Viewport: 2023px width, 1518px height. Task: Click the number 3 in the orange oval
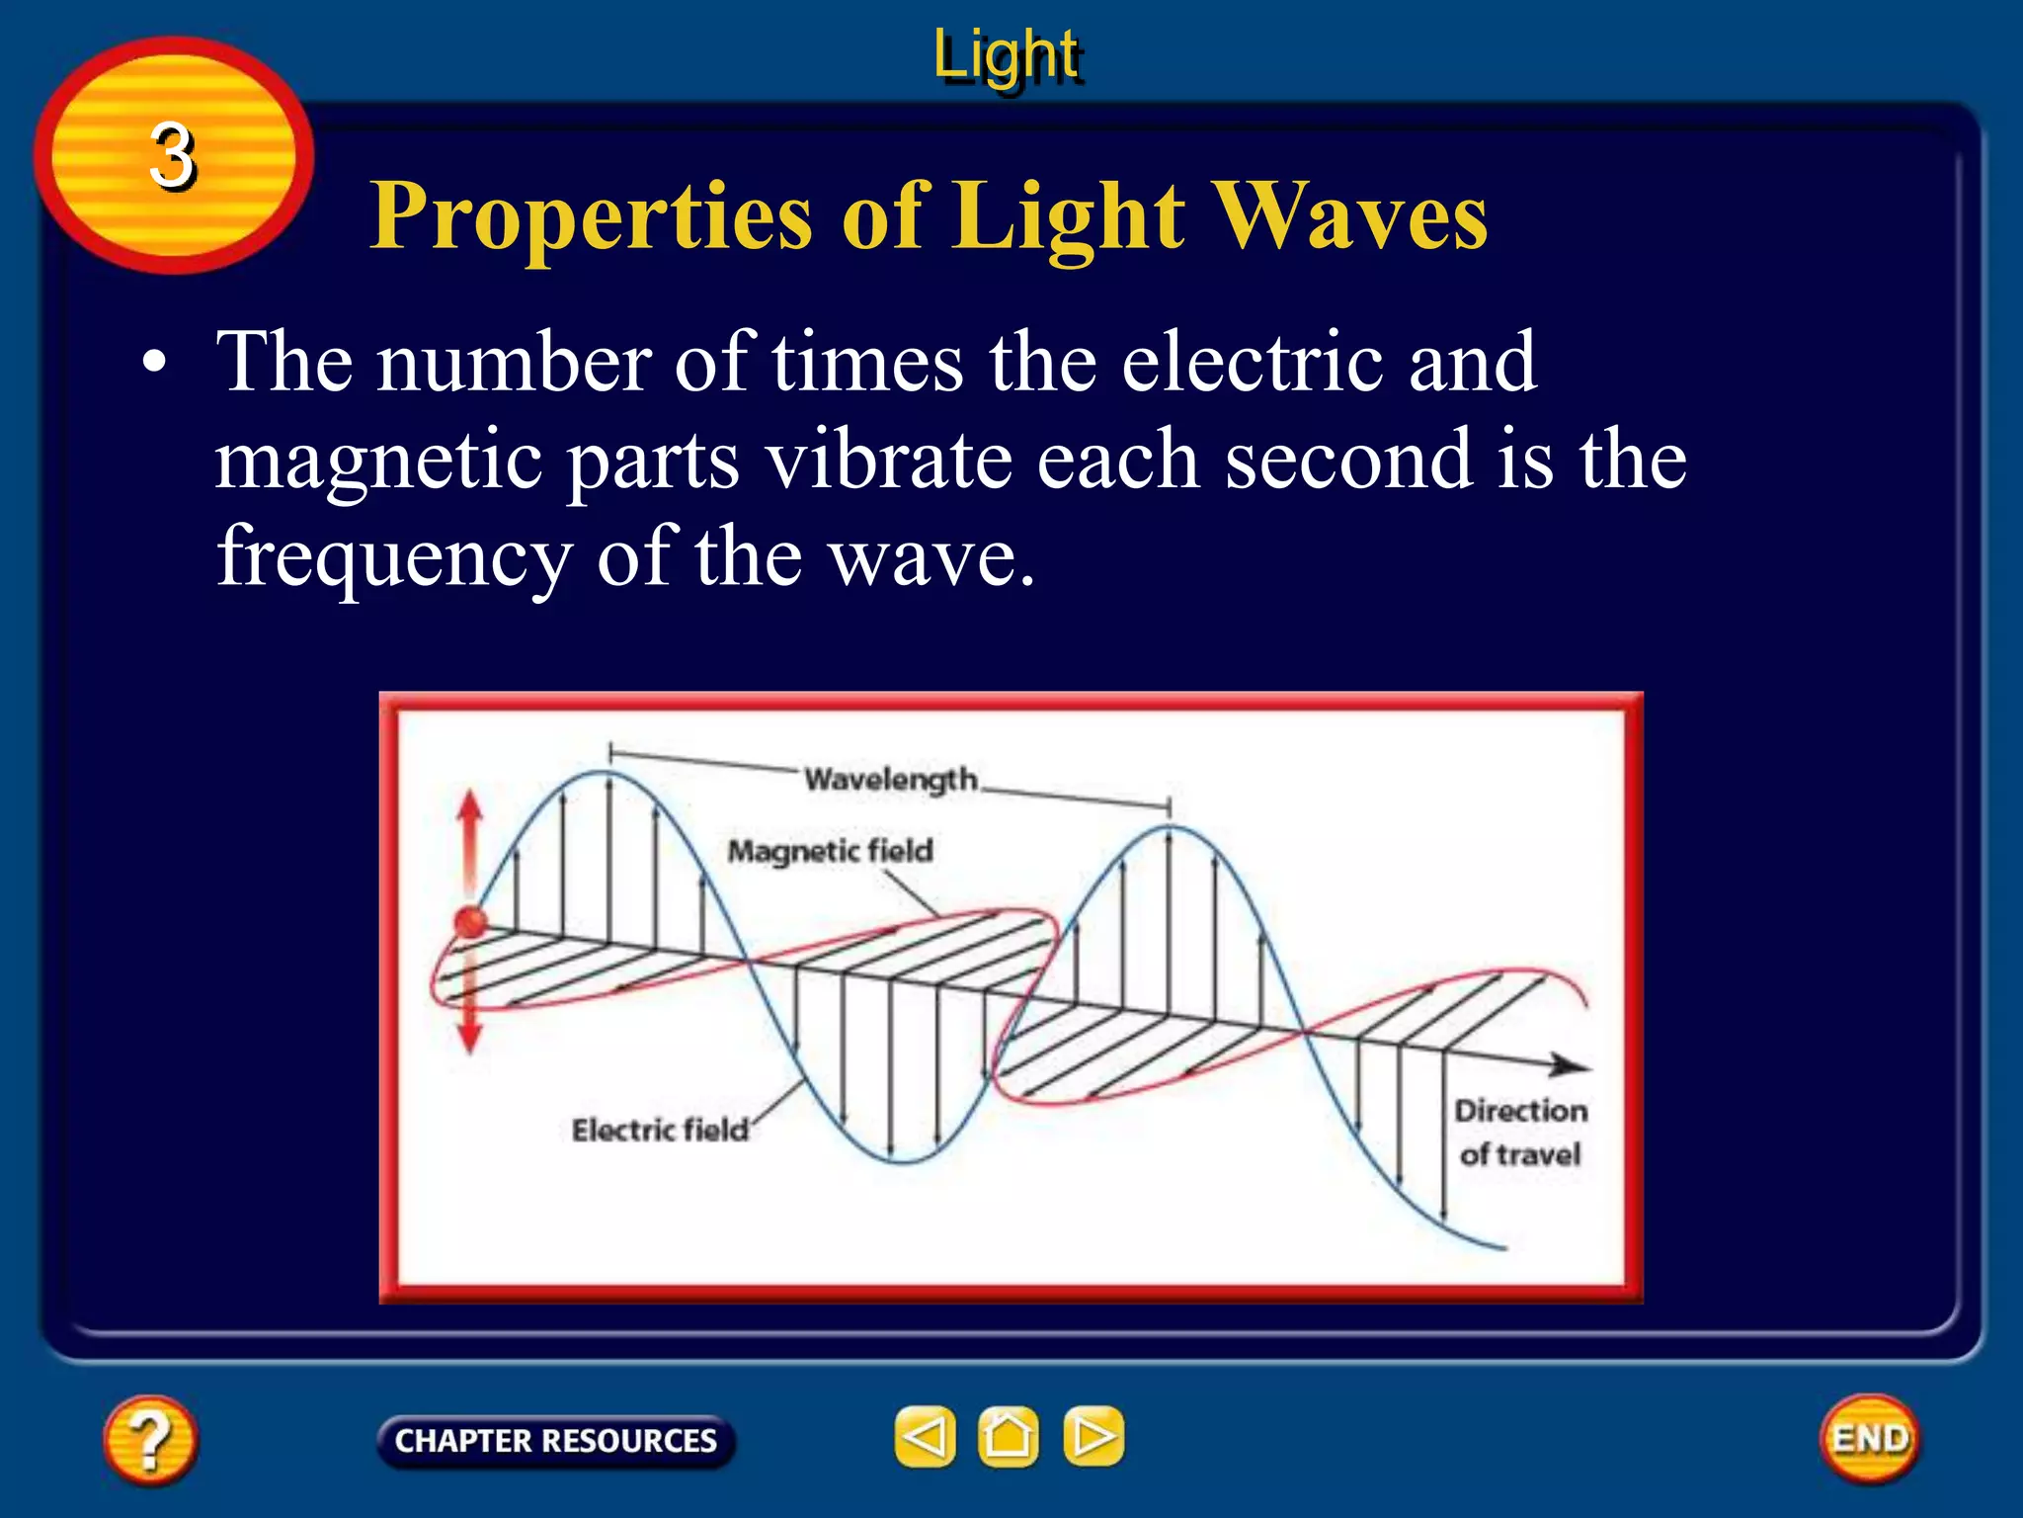tap(172, 156)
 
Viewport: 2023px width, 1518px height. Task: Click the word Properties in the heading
tap(591, 216)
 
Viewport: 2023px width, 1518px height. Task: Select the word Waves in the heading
tap(1349, 216)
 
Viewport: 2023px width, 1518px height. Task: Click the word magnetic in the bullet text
tap(378, 462)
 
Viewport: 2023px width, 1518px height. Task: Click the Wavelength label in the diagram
tap(890, 780)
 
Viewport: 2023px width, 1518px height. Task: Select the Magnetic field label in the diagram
tap(830, 851)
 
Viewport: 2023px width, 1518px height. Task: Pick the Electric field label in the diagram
tap(660, 1130)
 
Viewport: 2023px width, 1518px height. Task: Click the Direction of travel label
tap(1520, 1133)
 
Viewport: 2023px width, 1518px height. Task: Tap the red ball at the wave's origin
tap(471, 922)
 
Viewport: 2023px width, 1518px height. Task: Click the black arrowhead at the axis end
tap(1571, 1065)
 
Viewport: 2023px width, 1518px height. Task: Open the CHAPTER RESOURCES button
tap(555, 1441)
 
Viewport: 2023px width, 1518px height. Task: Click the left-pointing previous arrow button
tap(925, 1436)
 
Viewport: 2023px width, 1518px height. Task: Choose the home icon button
tap(1008, 1436)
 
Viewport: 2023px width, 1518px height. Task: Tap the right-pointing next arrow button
tap(1092, 1436)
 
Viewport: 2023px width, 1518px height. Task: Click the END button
tap(1869, 1439)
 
